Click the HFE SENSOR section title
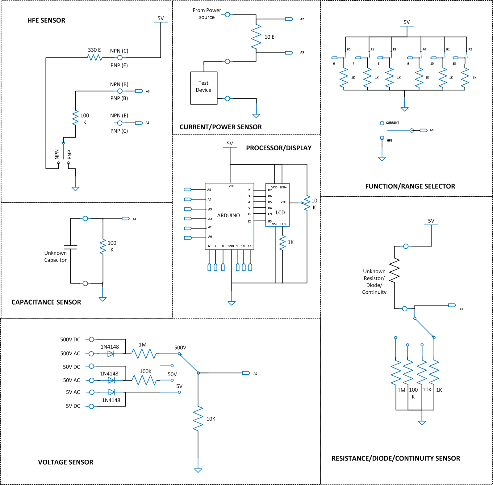46,20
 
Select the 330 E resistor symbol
95,57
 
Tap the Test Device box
204,88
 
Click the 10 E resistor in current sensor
256,37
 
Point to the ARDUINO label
228,215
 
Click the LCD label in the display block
280,213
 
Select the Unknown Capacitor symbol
71,247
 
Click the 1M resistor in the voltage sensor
144,354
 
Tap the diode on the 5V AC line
112,392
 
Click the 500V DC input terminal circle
91,339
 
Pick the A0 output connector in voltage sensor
246,373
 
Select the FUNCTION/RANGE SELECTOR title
410,186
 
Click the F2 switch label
395,49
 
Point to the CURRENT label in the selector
392,123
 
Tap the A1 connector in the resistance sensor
452,305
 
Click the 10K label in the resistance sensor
427,390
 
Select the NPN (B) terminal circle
120,91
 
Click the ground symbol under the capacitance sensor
103,299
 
